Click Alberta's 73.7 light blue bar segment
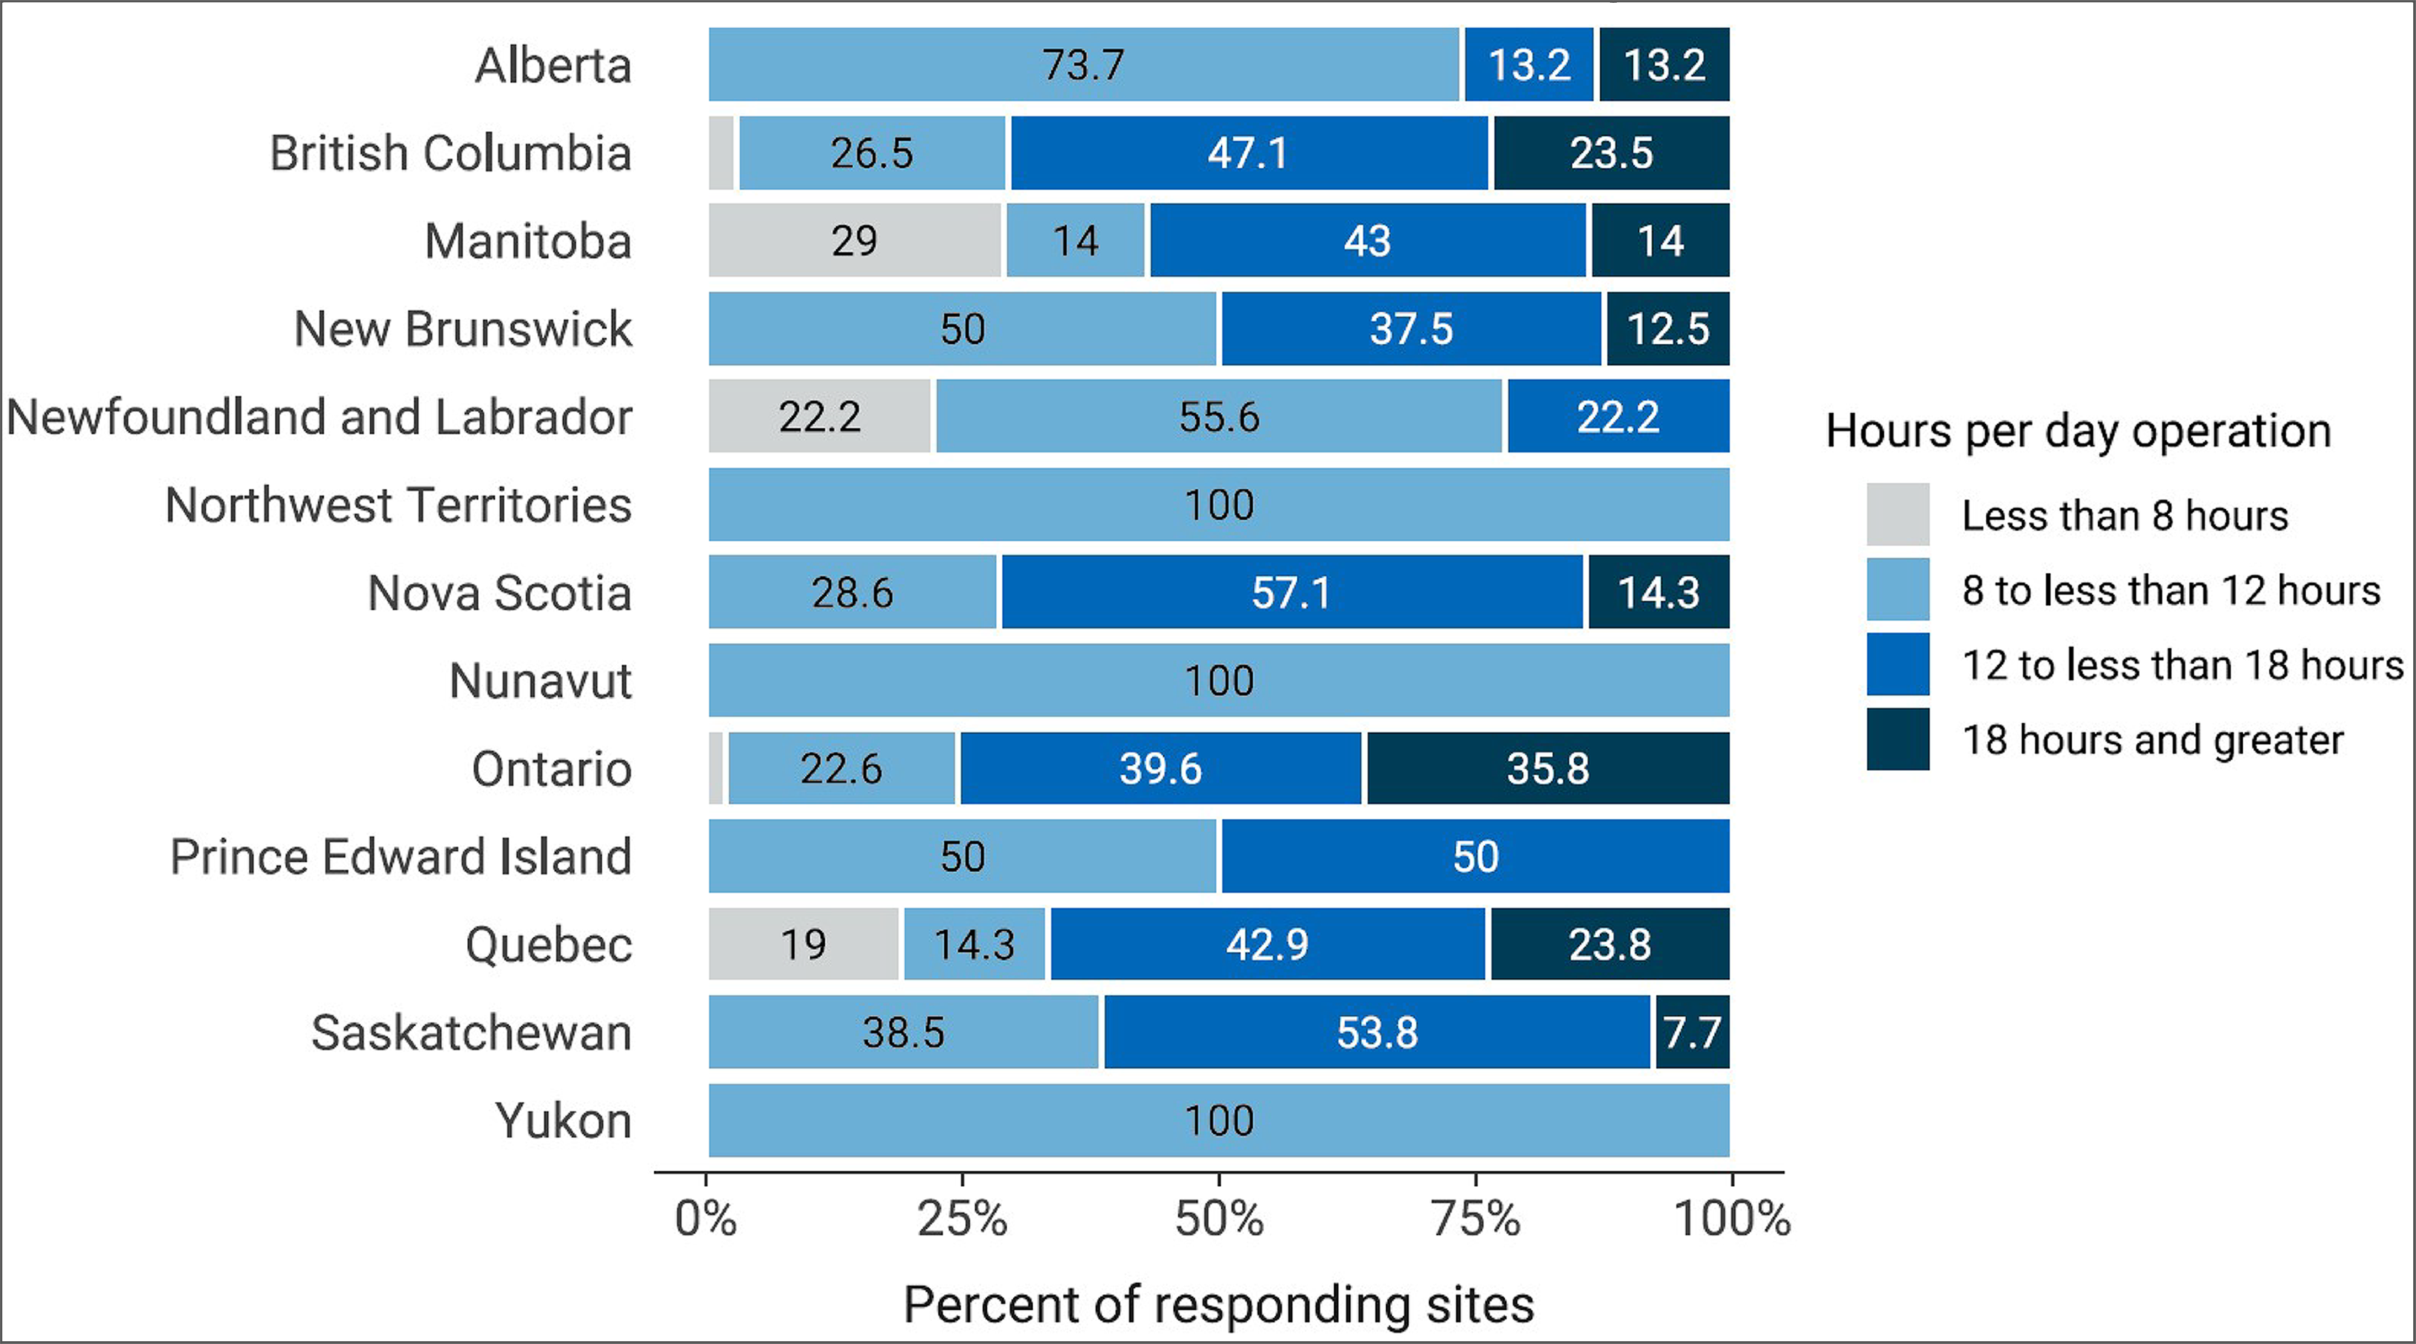click(1083, 65)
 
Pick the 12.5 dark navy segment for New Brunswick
click(1667, 328)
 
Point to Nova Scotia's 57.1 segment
click(1291, 592)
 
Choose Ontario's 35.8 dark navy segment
click(1548, 768)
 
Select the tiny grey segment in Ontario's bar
click(715, 768)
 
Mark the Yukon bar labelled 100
click(1218, 1121)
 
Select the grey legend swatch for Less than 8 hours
click(1897, 514)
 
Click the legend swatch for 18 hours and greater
click(1897, 739)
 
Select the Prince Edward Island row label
click(400, 856)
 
